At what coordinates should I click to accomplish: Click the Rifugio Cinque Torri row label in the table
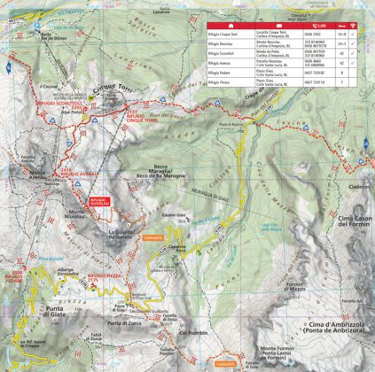tap(224, 32)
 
